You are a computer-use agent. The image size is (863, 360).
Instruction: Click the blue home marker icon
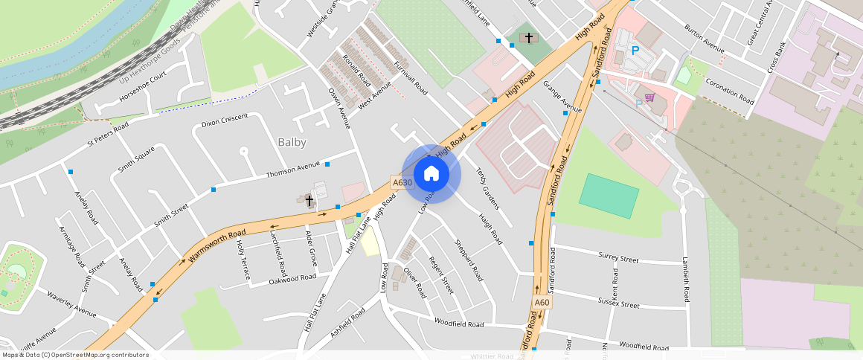(431, 174)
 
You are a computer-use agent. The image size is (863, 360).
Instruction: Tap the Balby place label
(292, 141)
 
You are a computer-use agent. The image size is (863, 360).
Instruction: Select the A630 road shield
(402, 183)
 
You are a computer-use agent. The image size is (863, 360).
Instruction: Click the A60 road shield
(542, 303)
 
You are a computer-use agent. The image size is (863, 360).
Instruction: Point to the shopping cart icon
(649, 97)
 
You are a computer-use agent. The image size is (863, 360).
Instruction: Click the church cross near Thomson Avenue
(309, 200)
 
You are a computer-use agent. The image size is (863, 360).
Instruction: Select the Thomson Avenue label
(293, 170)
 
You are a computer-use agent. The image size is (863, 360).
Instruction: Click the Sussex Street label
(618, 303)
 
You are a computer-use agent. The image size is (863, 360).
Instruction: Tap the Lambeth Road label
(685, 280)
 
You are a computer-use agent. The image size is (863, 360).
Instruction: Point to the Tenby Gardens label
(487, 188)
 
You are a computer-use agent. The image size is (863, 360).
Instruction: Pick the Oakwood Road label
(292, 279)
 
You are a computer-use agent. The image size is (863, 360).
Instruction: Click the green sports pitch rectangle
(609, 196)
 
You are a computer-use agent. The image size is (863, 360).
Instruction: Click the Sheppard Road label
(468, 260)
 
